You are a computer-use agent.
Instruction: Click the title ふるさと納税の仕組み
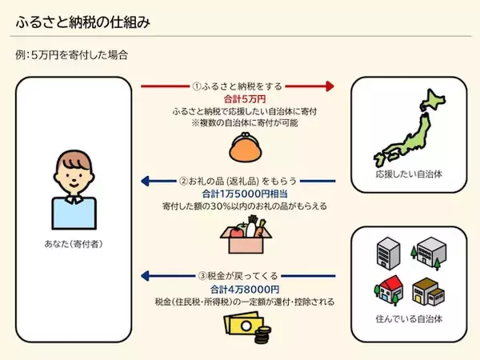pyautogui.click(x=82, y=22)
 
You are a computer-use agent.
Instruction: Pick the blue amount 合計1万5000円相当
pyautogui.click(x=238, y=194)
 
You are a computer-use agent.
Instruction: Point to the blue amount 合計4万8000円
pyautogui.click(x=238, y=289)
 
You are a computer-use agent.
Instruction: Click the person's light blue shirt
pyautogui.click(x=71, y=210)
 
